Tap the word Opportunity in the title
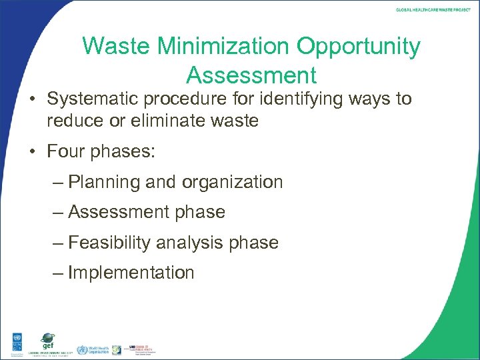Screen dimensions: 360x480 pyautogui.click(x=359, y=47)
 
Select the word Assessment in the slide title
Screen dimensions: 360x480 pyautogui.click(x=251, y=73)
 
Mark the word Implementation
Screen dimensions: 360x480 pyautogui.click(x=131, y=273)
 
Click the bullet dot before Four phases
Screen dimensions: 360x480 pyautogui.click(x=34, y=152)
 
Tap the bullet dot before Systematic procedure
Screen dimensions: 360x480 pyautogui.click(x=34, y=100)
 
